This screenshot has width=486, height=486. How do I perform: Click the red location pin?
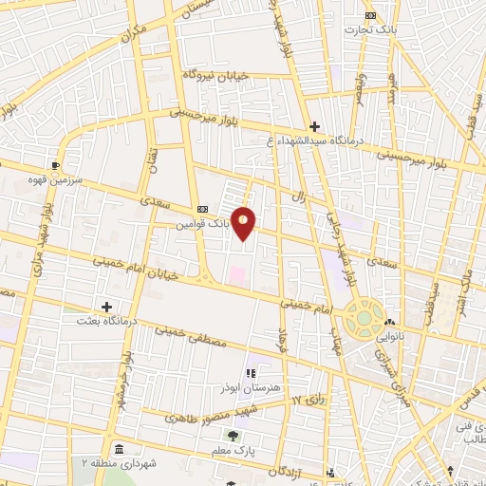[244, 222]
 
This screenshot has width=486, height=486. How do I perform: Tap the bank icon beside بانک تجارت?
[370, 15]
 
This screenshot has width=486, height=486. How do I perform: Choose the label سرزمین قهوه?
[57, 179]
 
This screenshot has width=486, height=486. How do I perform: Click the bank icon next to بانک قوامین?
[201, 209]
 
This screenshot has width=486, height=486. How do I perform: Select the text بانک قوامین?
[203, 225]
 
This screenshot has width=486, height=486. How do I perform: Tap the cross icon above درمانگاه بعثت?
[106, 307]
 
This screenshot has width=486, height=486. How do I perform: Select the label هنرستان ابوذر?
[252, 389]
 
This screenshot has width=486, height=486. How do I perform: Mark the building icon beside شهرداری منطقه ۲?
[118, 448]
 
